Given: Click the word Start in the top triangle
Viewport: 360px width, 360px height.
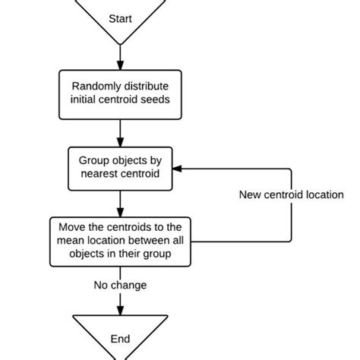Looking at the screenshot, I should (120, 17).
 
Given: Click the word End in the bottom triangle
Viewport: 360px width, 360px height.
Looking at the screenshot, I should (120, 339).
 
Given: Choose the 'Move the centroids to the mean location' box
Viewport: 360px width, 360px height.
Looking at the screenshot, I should (120, 242).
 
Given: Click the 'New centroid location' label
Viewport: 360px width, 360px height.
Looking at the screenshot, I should (292, 194).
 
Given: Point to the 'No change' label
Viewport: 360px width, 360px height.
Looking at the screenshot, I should (120, 286).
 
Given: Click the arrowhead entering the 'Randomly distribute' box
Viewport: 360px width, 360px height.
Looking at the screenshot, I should (120, 66).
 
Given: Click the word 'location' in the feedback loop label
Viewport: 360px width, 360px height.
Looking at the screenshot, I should (324, 194).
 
